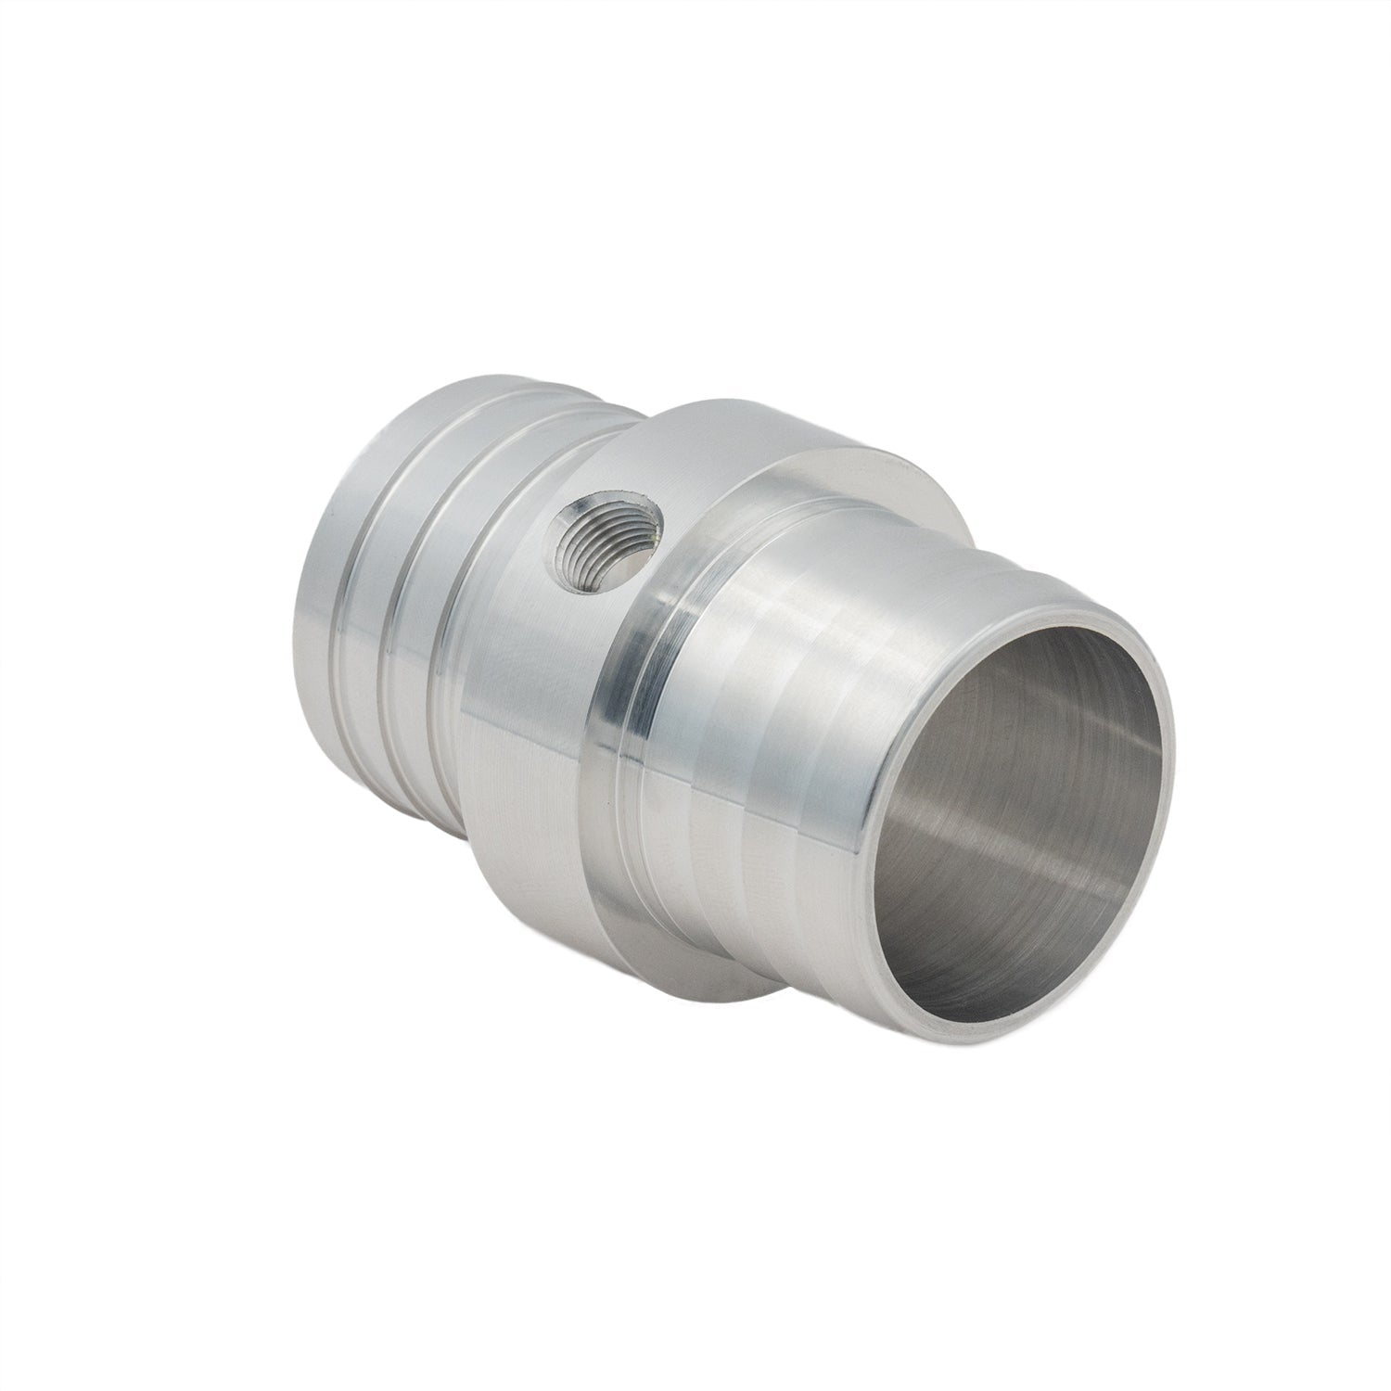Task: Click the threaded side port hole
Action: pyautogui.click(x=604, y=530)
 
